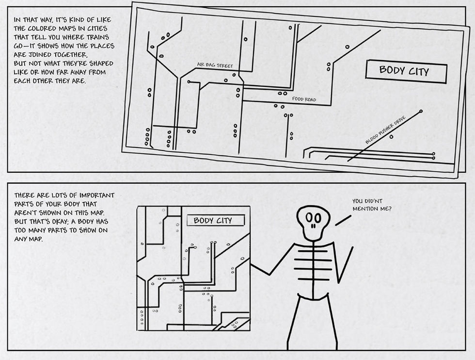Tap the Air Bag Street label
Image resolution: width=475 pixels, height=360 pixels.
pos(215,65)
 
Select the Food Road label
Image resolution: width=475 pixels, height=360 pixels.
pos(304,99)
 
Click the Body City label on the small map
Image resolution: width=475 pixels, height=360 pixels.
pos(213,221)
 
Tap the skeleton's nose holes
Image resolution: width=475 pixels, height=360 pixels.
pos(314,226)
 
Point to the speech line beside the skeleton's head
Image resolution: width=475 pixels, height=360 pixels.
pos(343,220)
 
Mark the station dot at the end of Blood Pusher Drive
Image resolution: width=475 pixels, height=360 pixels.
pos(420,112)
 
